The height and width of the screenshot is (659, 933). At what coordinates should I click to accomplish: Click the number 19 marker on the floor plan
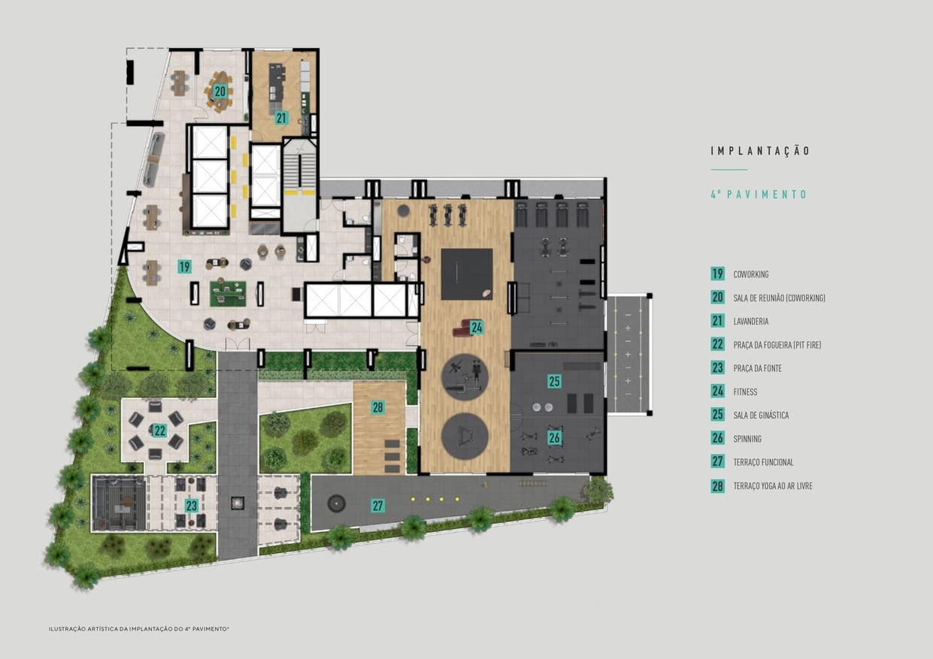(x=184, y=267)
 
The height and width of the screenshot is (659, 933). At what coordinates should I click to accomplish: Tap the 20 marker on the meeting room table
(x=220, y=91)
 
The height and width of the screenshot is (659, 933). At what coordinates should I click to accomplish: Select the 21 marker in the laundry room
(x=282, y=118)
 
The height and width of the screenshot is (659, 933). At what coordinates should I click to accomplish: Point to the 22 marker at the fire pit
(x=159, y=431)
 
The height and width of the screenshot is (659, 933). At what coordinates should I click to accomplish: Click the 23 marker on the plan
(x=191, y=506)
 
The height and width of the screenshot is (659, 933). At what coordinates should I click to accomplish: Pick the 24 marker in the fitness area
(x=477, y=328)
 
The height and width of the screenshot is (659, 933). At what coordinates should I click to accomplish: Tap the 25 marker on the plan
(x=554, y=381)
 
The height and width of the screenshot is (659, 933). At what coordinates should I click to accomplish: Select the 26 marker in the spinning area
(x=554, y=437)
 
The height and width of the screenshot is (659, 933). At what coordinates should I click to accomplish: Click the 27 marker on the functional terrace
(x=377, y=506)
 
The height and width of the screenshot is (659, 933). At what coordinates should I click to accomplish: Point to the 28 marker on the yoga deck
(x=377, y=407)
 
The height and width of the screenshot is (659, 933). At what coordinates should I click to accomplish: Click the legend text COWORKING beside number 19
(x=751, y=274)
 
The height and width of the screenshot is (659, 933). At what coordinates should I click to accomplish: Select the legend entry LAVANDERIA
(x=751, y=322)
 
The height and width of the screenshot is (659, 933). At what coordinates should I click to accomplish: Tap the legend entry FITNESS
(x=745, y=391)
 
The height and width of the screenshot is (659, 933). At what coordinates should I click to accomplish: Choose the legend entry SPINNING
(x=747, y=439)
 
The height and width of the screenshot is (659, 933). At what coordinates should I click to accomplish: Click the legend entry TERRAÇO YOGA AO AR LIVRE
(x=773, y=486)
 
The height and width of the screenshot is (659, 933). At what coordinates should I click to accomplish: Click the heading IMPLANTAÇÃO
(x=760, y=150)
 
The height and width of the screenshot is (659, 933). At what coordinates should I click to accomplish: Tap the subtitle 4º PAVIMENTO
(x=759, y=195)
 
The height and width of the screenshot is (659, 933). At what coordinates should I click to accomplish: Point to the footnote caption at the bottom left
(x=138, y=629)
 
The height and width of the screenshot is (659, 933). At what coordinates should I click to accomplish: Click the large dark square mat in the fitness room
(x=467, y=274)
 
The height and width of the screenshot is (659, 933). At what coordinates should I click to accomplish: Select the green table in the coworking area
(x=228, y=294)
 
